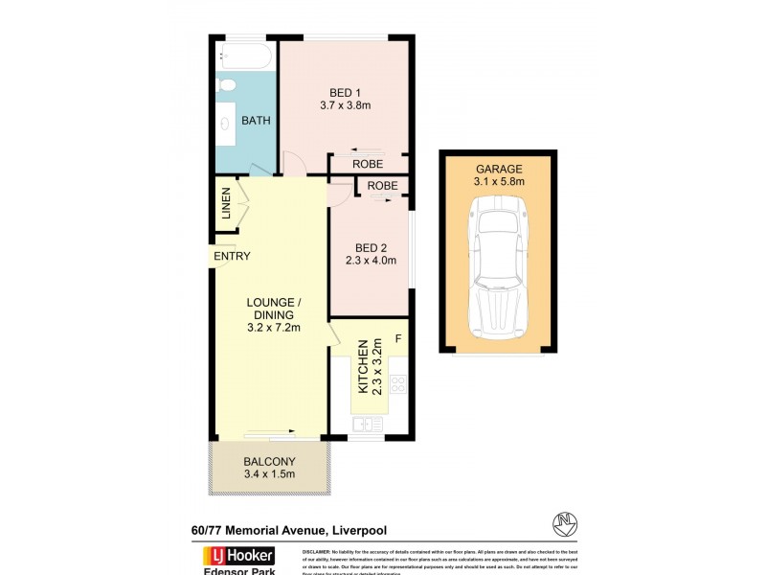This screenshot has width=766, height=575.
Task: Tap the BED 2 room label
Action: pyautogui.click(x=371, y=246)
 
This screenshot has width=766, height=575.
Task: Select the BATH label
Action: pyautogui.click(x=256, y=121)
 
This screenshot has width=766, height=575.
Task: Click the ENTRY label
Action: pyautogui.click(x=232, y=256)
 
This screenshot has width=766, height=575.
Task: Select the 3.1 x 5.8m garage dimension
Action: pyautogui.click(x=499, y=180)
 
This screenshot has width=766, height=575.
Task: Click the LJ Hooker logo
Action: pyautogui.click(x=237, y=557)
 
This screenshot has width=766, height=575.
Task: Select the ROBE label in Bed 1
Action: pyautogui.click(x=367, y=164)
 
